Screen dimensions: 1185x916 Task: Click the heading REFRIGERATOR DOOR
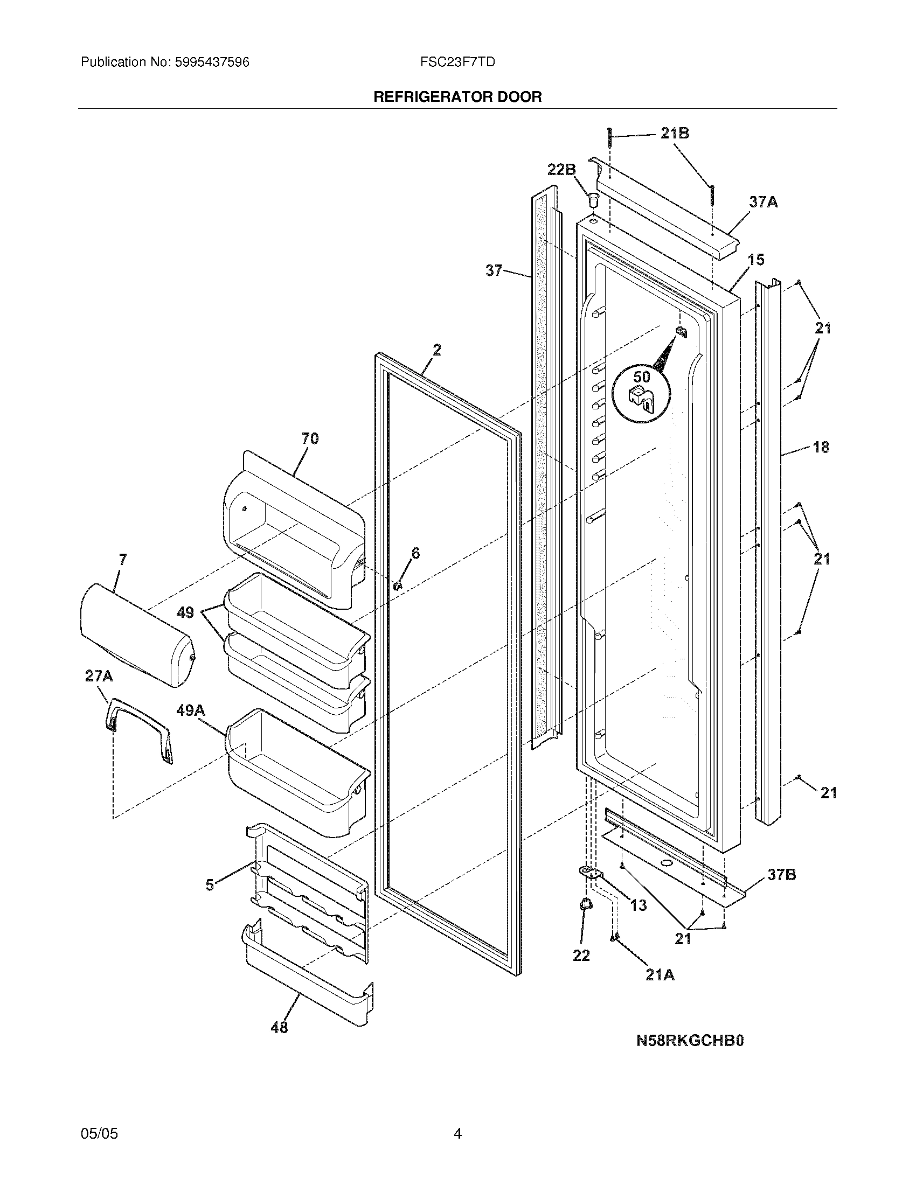457,97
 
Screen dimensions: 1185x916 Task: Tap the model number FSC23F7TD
457,62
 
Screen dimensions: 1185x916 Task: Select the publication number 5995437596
212,62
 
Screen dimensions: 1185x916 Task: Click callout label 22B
561,170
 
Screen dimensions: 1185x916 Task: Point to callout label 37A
764,202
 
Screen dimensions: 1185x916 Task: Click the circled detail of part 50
641,392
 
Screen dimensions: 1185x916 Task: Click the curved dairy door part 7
136,635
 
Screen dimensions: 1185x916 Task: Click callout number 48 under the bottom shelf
279,1027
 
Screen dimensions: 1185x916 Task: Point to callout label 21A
660,974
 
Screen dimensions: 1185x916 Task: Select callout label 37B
781,874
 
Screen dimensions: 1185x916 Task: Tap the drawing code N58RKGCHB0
690,1040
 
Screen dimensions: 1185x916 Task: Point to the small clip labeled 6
397,585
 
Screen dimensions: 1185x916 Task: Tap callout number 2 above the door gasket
436,350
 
